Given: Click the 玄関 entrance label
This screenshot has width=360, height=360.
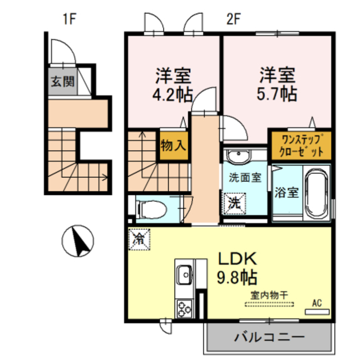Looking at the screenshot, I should click(62, 81).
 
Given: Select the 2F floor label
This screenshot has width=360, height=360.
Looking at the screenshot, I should click(233, 19).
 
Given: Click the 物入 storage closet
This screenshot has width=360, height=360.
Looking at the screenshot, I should click(173, 146).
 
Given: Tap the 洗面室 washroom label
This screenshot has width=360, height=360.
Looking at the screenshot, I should click(245, 178).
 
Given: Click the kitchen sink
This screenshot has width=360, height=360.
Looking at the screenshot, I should click(184, 276).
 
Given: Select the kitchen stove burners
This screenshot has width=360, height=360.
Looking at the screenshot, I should click(184, 307).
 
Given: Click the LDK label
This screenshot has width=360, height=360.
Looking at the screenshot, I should click(237, 260).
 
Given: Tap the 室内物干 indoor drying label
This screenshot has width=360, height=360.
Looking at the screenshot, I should click(269, 294).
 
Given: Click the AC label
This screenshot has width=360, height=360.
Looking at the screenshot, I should click(316, 303).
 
